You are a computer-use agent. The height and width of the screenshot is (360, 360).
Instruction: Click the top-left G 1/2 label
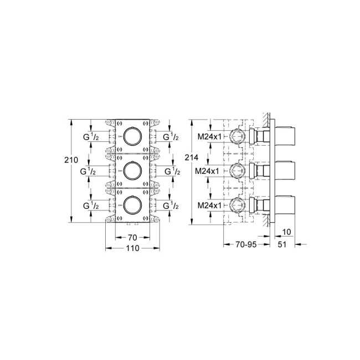click(x=92, y=137)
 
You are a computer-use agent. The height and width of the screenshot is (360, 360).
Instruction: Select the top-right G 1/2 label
click(x=171, y=137)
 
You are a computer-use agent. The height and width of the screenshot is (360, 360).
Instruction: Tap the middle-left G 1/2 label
click(x=92, y=172)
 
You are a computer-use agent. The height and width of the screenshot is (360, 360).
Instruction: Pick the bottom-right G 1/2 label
click(x=171, y=206)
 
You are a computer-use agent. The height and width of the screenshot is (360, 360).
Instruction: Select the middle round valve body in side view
click(x=238, y=171)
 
